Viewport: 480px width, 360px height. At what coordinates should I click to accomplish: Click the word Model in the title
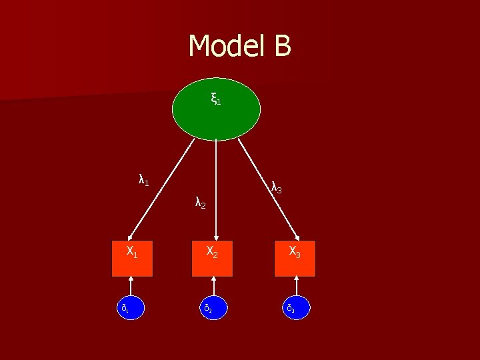click(x=225, y=47)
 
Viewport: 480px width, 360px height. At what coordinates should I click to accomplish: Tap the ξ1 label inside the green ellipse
click(x=215, y=100)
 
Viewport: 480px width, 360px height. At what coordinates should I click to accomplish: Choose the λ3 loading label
click(x=277, y=189)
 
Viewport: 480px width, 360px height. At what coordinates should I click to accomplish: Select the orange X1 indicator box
click(x=132, y=259)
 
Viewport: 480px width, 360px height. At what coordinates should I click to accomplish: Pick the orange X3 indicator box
click(x=295, y=259)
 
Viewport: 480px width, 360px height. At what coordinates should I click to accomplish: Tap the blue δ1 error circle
click(x=131, y=307)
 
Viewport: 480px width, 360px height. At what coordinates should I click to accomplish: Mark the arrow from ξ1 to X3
click(x=267, y=187)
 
